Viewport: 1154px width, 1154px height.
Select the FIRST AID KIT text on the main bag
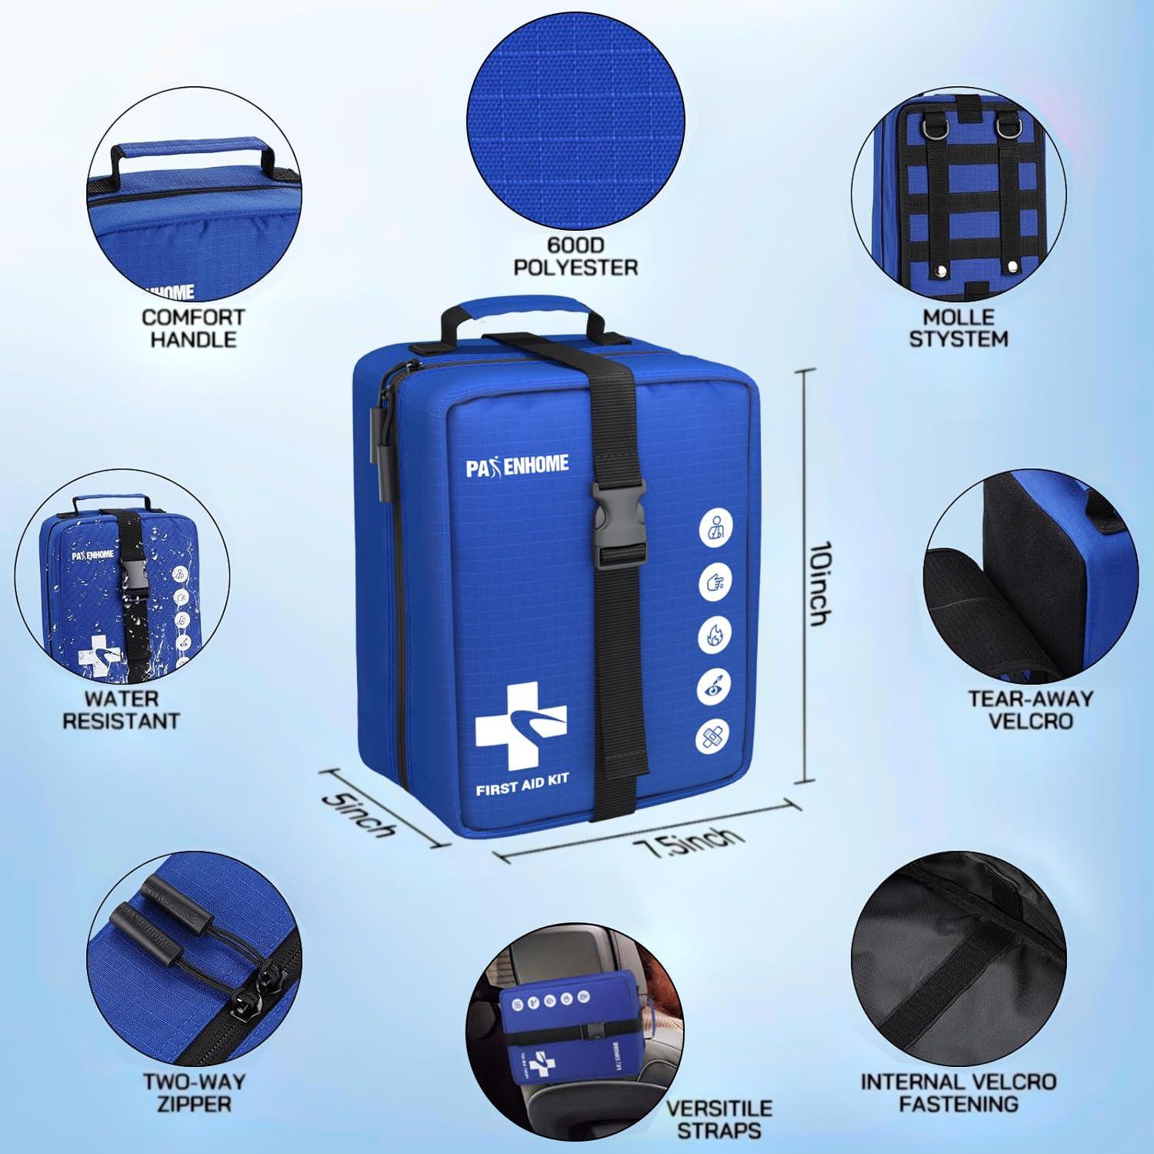coord(522,779)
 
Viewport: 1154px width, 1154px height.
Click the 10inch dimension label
coord(820,583)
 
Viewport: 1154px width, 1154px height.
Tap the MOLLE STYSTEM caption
coord(959,328)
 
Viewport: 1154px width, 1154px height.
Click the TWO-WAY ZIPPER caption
coord(194,1092)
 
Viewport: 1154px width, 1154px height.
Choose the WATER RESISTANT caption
coord(121,710)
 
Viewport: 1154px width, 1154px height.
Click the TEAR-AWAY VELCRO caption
coord(1030,709)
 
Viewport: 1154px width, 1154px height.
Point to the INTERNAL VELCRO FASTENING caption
coord(959,1092)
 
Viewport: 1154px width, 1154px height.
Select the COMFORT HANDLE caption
coord(193,328)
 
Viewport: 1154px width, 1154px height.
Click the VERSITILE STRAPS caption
coord(719,1119)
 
